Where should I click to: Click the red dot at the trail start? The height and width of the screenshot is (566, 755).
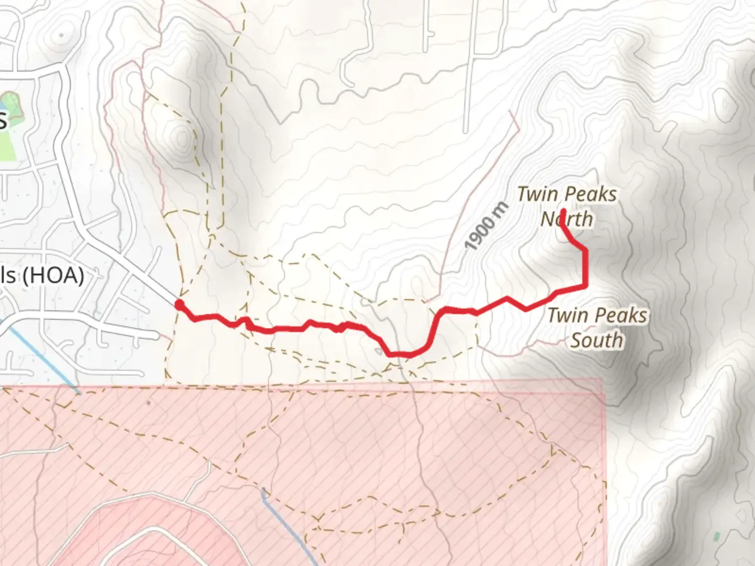pos(179,304)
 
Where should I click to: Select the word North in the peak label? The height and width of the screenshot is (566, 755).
pos(567,219)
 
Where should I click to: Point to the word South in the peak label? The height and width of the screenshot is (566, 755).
pos(597,340)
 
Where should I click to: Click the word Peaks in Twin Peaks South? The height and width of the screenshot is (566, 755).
pos(621,315)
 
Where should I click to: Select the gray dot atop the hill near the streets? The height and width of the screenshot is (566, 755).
pos(62,35)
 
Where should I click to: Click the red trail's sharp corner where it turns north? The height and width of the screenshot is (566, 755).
pos(585,286)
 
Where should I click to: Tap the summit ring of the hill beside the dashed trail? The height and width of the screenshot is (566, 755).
pos(182,138)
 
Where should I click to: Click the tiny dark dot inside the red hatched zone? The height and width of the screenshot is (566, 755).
pos(148,403)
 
